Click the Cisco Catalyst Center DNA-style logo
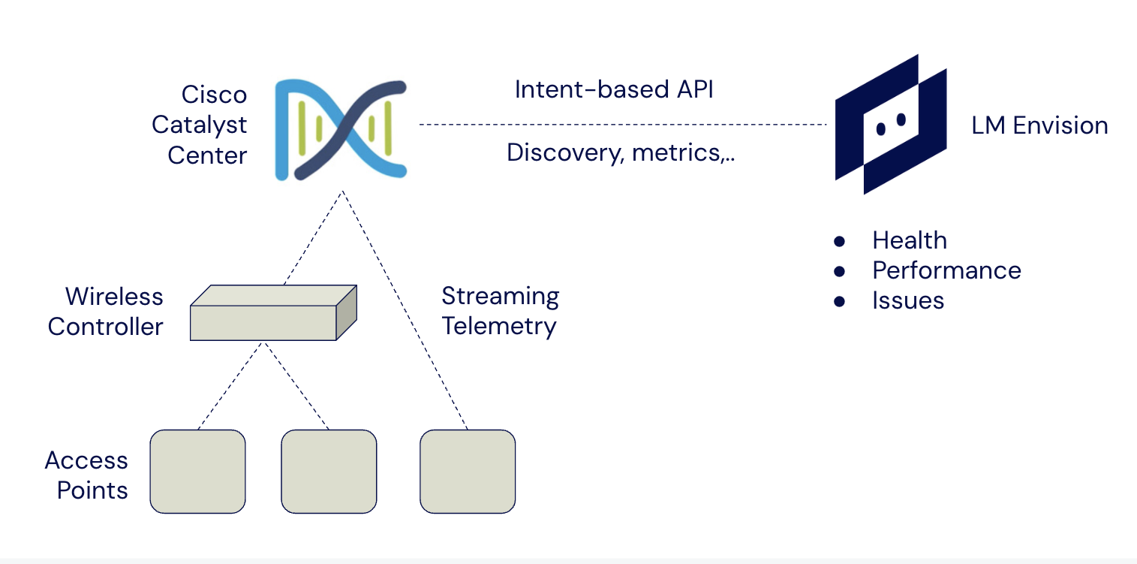[341, 130]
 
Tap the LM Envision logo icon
[890, 124]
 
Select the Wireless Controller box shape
[272, 314]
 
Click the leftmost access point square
[197, 471]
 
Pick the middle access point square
[329, 471]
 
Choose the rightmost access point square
[468, 471]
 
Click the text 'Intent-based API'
[614, 89]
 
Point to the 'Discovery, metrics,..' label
[620, 152]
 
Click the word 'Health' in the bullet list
[909, 240]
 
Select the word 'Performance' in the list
[946, 270]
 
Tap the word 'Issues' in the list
[907, 300]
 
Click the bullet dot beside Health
[839, 241]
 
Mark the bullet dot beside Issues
[839, 301]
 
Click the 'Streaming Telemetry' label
[500, 311]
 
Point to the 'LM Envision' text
[1039, 125]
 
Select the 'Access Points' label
[86, 475]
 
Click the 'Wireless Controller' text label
[105, 311]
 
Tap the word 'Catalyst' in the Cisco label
[199, 125]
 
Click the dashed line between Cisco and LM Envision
[623, 124]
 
